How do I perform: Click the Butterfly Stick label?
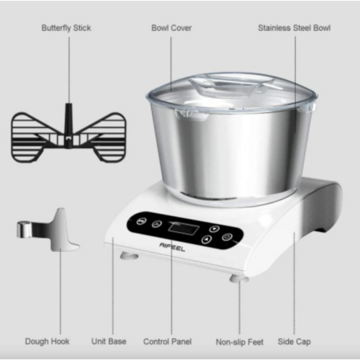point(66,28)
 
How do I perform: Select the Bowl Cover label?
point(171,28)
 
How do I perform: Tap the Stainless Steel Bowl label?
point(294,28)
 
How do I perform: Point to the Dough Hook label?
point(47,341)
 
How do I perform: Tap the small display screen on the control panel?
point(181,229)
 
